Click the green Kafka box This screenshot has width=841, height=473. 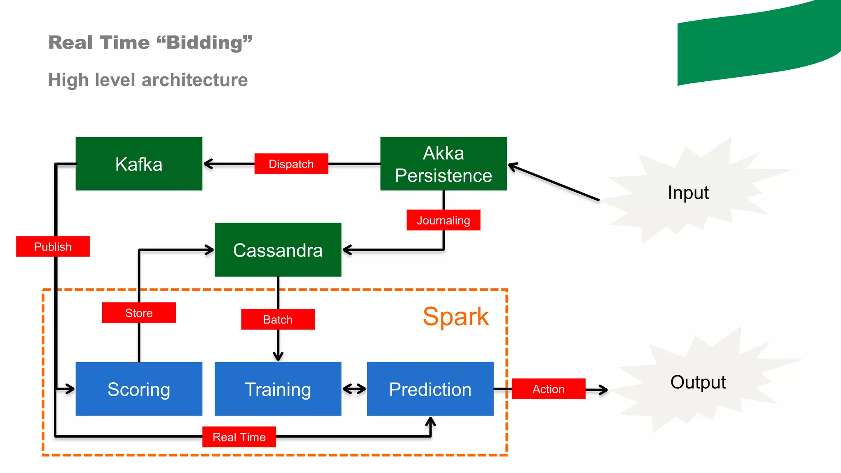pos(139,164)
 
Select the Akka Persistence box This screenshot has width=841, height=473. pos(443,164)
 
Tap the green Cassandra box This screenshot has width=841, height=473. pos(278,250)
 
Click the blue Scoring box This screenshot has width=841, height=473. pos(139,389)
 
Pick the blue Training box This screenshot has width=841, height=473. pos(278,389)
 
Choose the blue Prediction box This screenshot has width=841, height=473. pos(430,389)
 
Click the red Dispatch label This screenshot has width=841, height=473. pos(291,164)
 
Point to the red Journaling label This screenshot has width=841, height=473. pos(443,220)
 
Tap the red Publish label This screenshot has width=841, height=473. pos(53,246)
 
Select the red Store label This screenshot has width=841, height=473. pos(139,313)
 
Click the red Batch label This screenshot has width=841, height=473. pos(278,319)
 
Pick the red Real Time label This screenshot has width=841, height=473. pos(239,437)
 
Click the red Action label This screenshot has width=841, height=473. pos(548,389)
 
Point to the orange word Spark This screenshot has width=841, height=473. pos(456,317)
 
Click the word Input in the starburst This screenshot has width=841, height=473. pos(688,193)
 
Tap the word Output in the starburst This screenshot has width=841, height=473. pos(698,382)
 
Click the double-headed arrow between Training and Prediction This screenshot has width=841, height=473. pos(354,389)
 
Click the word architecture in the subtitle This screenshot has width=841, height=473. pos(195,80)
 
